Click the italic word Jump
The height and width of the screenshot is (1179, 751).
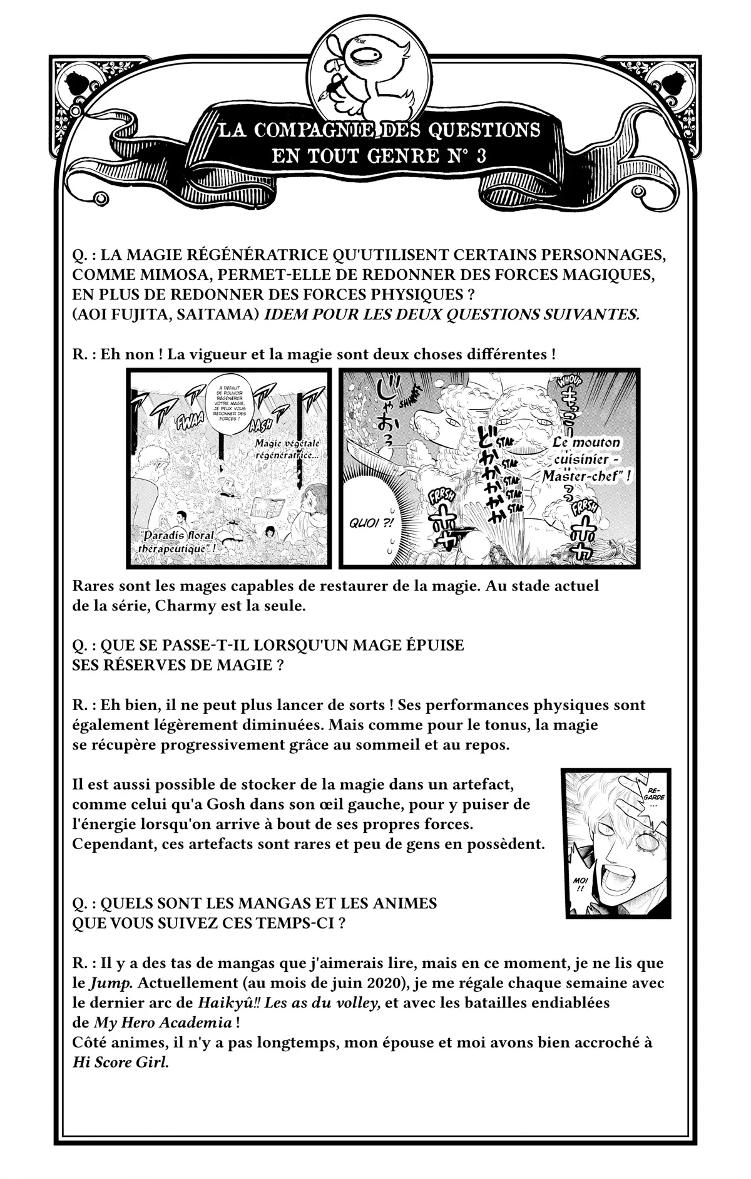click(104, 982)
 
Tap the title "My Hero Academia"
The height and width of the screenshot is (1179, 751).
click(163, 1022)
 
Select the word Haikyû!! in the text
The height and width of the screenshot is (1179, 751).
click(229, 1002)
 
